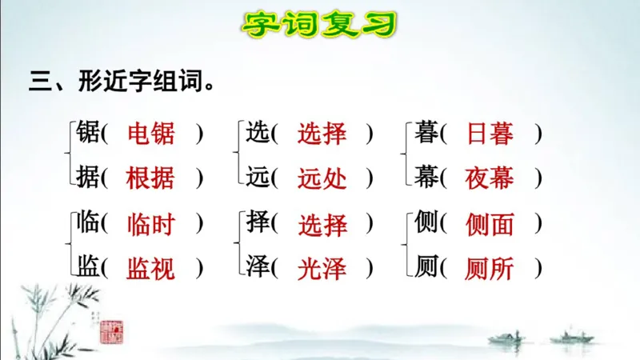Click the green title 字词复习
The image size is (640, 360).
tap(319, 24)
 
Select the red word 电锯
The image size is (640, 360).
tap(150, 134)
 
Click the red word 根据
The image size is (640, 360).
tap(150, 178)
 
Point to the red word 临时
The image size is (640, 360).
tap(150, 225)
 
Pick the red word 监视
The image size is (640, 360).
tap(150, 269)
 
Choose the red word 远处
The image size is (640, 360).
tap(322, 178)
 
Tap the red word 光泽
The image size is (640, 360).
tap(322, 269)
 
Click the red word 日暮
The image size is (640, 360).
tap(490, 134)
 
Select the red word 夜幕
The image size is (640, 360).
tap(490, 178)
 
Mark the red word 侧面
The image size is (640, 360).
tap(490, 225)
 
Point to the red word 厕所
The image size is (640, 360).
tap(490, 269)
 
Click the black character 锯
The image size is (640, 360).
tap(87, 134)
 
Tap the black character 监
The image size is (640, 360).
tap(87, 269)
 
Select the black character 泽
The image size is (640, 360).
tap(258, 269)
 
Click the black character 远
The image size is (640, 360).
tap(258, 178)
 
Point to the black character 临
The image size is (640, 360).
tap(87, 225)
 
